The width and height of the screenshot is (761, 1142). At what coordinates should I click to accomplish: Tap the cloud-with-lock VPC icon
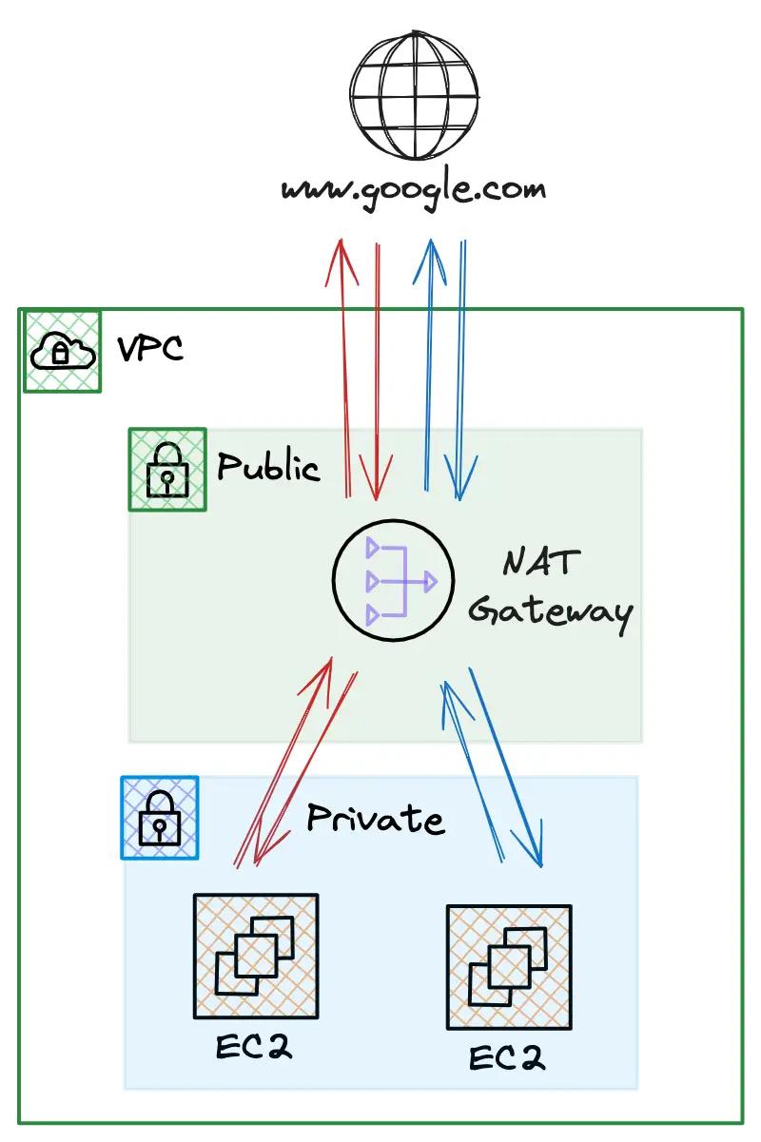click(x=62, y=352)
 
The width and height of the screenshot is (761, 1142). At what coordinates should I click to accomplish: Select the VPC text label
click(x=149, y=349)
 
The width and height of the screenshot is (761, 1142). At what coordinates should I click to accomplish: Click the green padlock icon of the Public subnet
click(x=167, y=470)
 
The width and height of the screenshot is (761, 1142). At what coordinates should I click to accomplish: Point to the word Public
click(x=268, y=467)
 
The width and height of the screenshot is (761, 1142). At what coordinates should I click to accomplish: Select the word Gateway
click(x=551, y=613)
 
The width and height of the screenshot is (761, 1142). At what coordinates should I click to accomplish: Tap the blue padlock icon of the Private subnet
click(x=160, y=817)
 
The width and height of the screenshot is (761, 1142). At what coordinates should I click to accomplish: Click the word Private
click(x=375, y=819)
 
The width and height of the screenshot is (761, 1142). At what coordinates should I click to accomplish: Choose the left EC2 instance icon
click(x=255, y=955)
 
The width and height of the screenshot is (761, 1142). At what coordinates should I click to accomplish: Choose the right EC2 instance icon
click(x=509, y=966)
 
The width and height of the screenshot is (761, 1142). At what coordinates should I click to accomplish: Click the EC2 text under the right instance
click(x=507, y=1058)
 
